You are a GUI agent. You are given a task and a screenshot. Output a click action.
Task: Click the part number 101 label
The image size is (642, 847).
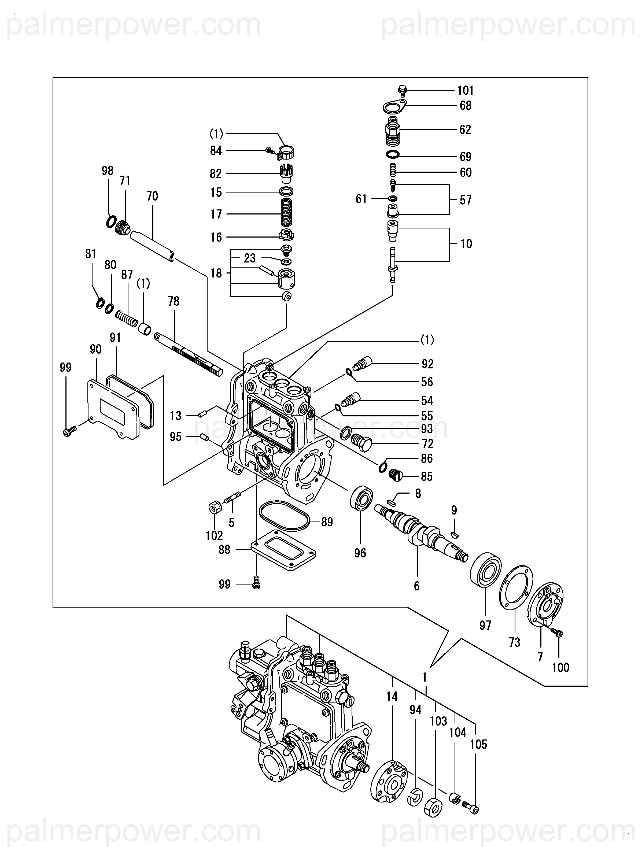pyautogui.click(x=466, y=91)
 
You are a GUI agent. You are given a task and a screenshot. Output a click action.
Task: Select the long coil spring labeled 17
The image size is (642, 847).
pyautogui.click(x=286, y=213)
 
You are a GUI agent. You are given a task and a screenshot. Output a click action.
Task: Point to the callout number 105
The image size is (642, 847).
pyautogui.click(x=478, y=744)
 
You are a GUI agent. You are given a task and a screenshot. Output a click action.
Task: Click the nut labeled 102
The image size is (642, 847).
pyautogui.click(x=215, y=507)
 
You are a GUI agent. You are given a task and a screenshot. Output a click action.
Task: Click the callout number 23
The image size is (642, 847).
pyautogui.click(x=250, y=258)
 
